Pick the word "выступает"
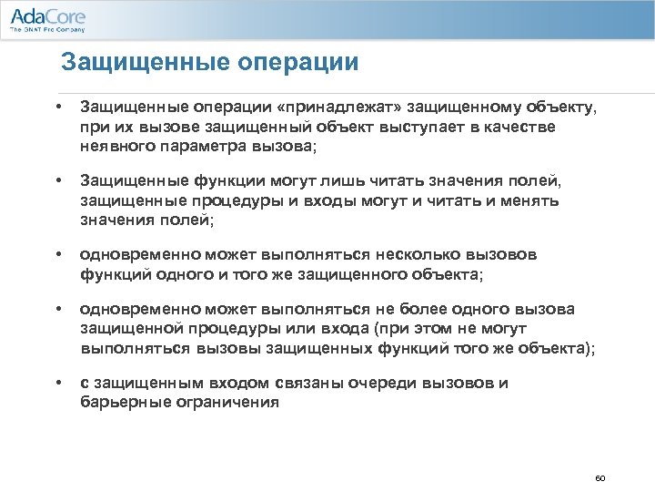point(417,127)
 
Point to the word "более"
point(407,309)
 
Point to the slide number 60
point(600,477)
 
